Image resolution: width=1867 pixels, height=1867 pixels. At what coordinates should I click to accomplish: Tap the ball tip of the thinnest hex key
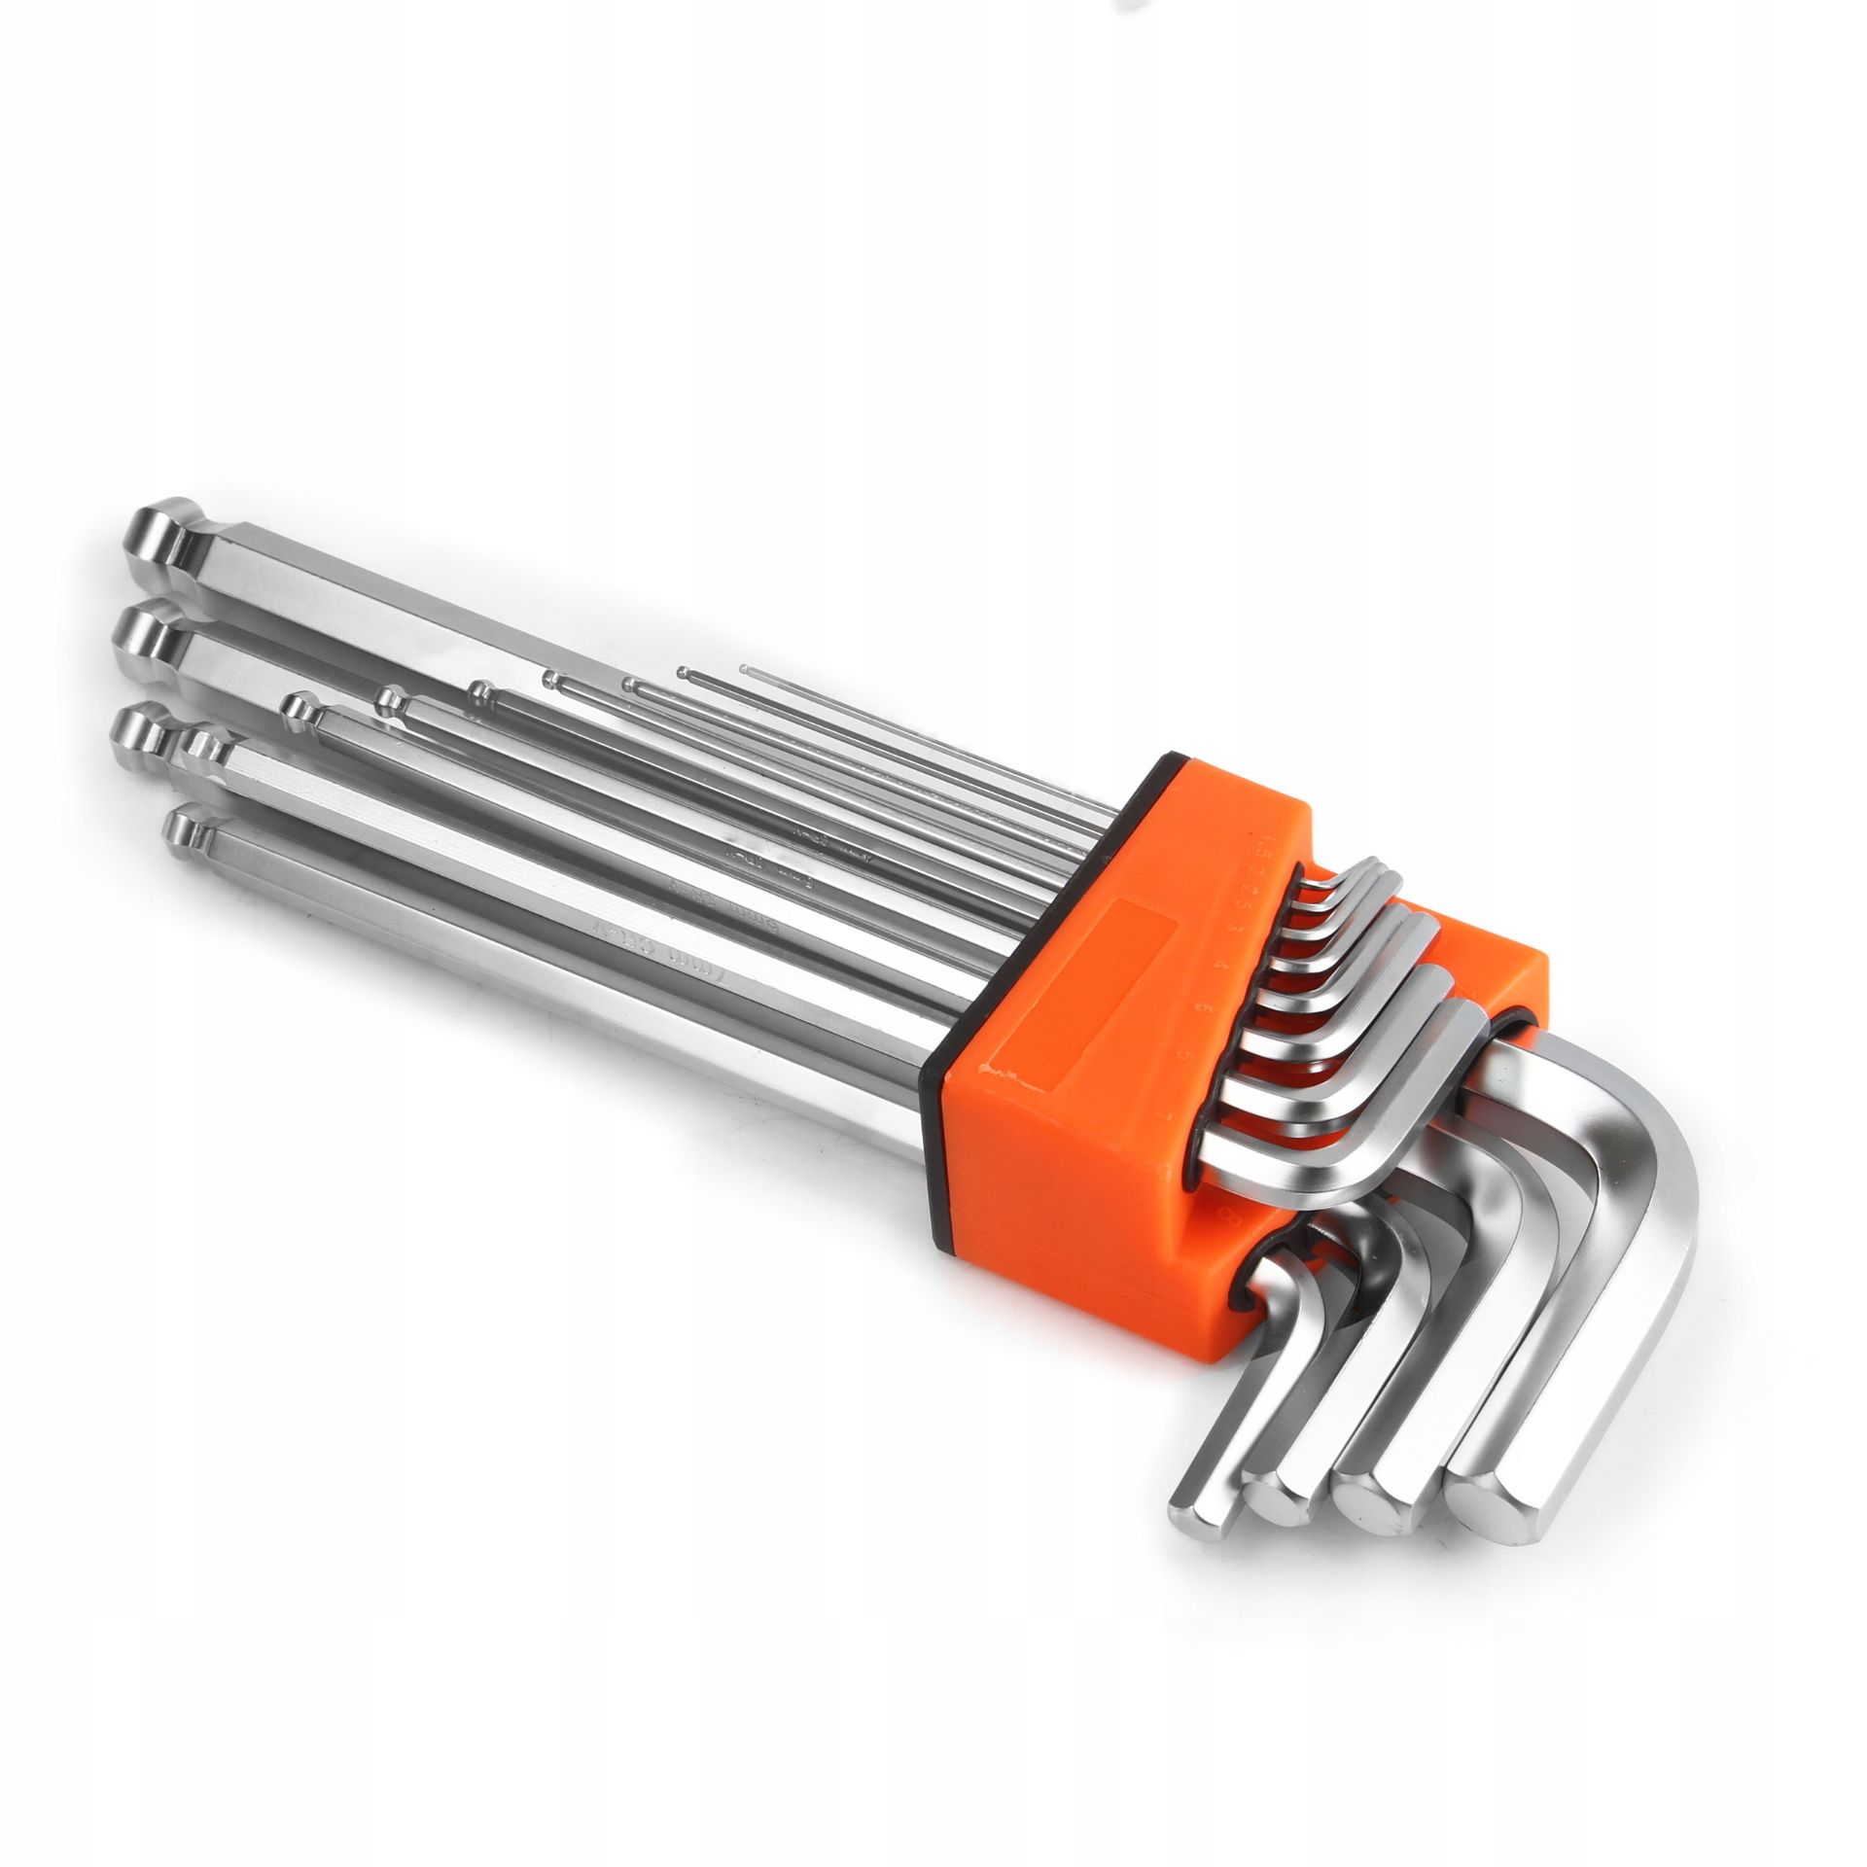coord(743,669)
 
